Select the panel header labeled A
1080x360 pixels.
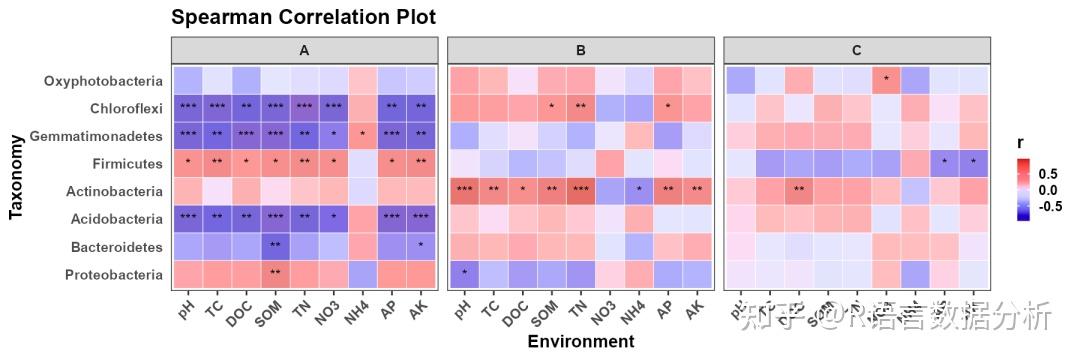(x=304, y=49)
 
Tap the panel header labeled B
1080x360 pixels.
(x=580, y=49)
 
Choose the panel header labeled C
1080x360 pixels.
(x=857, y=49)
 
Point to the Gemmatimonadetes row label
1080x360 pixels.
(x=97, y=135)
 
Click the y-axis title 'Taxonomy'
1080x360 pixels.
(x=16, y=177)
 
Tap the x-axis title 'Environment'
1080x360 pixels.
(x=580, y=341)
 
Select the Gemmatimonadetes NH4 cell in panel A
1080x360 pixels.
(x=363, y=134)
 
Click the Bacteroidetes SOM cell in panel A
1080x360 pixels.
(x=275, y=246)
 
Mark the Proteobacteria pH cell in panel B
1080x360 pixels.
(x=463, y=273)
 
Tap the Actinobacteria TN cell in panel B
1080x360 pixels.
(x=580, y=190)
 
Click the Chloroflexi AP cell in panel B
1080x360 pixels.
(x=668, y=107)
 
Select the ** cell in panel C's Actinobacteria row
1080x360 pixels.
(x=798, y=190)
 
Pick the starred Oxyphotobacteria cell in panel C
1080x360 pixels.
(x=886, y=79)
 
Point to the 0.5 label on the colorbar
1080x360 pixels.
(x=1047, y=172)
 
